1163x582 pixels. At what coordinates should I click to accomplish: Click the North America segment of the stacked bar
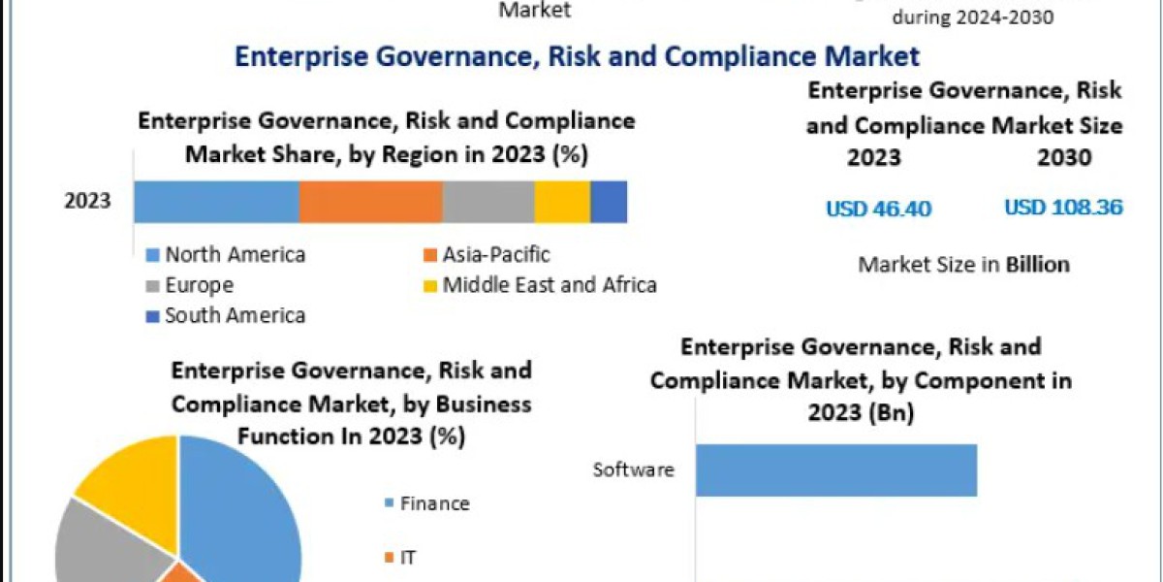[x=216, y=202]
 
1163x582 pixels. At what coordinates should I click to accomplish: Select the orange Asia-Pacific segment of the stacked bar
[x=370, y=202]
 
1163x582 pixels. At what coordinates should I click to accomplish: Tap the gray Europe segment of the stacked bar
[x=487, y=202]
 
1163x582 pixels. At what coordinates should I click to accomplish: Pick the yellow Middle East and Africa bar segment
[x=562, y=202]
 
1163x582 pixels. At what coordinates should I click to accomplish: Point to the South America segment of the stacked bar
[x=609, y=202]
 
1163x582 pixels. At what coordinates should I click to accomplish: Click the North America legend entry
[x=226, y=255]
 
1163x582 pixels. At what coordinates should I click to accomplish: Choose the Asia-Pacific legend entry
[x=487, y=255]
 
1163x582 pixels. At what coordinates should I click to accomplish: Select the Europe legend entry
[x=190, y=285]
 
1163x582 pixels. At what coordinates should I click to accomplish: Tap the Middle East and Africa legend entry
[x=541, y=285]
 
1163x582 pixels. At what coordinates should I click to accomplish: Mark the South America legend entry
[x=226, y=315]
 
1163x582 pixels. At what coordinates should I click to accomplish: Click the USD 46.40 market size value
[x=878, y=209]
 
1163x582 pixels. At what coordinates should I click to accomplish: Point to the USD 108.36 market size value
[x=1063, y=208]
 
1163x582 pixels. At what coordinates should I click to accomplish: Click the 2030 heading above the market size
[x=1063, y=158]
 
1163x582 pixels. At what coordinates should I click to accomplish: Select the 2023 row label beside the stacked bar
[x=87, y=202]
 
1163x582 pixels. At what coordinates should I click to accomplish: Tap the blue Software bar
[x=835, y=470]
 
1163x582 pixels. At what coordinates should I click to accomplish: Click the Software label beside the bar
[x=633, y=470]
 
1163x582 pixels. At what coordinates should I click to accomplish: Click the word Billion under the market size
[x=1037, y=264]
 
